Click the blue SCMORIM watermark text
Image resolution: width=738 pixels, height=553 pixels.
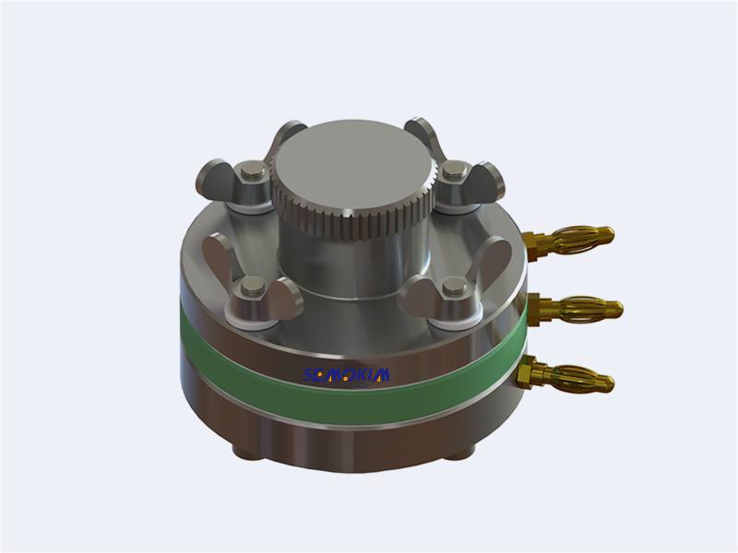tap(347, 374)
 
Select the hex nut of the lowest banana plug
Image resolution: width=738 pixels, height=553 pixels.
tap(525, 372)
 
